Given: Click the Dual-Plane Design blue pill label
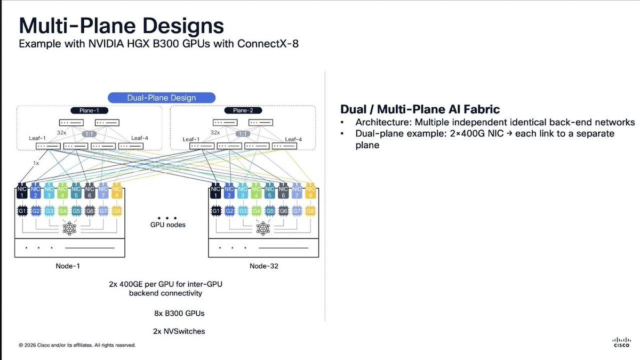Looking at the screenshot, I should [x=162, y=98].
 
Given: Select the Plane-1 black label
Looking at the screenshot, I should [x=89, y=110].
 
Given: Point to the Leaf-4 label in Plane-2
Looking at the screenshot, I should [x=293, y=139].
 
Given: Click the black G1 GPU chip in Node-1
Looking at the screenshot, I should [x=22, y=211].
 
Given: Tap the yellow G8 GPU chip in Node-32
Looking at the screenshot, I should [x=310, y=211].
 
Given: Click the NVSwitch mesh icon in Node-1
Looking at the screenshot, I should [x=69, y=228].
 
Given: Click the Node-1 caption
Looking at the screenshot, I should [x=69, y=266].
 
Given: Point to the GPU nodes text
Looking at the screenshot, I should [x=167, y=225].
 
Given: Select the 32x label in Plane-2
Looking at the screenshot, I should [x=215, y=132].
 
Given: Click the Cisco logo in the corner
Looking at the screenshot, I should [x=621, y=342].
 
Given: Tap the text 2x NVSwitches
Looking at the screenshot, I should [x=179, y=331].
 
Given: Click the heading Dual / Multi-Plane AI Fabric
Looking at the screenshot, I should [x=420, y=109].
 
